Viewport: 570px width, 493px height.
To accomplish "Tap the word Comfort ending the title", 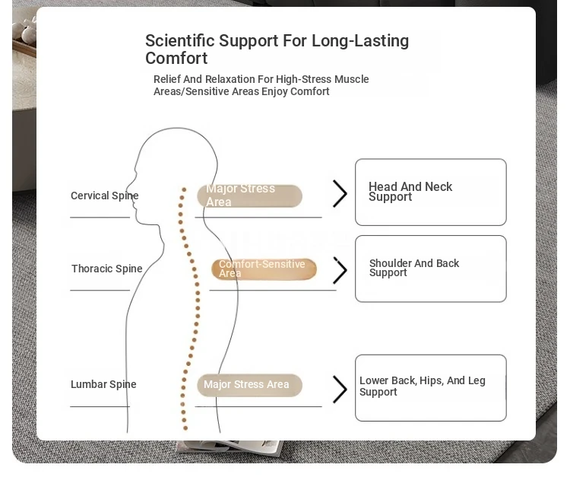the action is pyautogui.click(x=176, y=59).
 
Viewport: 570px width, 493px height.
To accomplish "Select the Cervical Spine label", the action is pyautogui.click(x=105, y=196).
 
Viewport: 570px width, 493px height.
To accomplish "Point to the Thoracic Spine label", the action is pyautogui.click(x=107, y=269).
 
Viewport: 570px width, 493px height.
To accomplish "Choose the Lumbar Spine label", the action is pyautogui.click(x=103, y=384).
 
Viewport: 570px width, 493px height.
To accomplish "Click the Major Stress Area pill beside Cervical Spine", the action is pyautogui.click(x=250, y=196).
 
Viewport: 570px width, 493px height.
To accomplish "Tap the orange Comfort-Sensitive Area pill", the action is pyautogui.click(x=264, y=269).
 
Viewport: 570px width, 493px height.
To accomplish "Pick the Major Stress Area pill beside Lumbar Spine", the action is pyautogui.click(x=250, y=385).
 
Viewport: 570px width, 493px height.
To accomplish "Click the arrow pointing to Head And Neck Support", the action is pyautogui.click(x=340, y=193).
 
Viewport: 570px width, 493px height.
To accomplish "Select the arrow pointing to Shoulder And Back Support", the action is pyautogui.click(x=340, y=270).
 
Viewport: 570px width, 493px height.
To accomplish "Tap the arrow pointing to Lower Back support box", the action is pyautogui.click(x=340, y=390).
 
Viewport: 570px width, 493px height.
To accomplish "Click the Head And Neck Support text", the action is pyautogui.click(x=410, y=192).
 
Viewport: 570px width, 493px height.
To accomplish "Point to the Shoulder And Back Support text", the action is pyautogui.click(x=414, y=268).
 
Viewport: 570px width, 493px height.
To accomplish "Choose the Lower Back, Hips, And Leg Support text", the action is pyautogui.click(x=423, y=386).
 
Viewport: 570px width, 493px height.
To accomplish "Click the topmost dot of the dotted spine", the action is pyautogui.click(x=184, y=189).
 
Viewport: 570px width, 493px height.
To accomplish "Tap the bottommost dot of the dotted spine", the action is pyautogui.click(x=185, y=428).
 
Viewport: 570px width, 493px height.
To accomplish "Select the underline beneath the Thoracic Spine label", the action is pyautogui.click(x=100, y=291).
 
